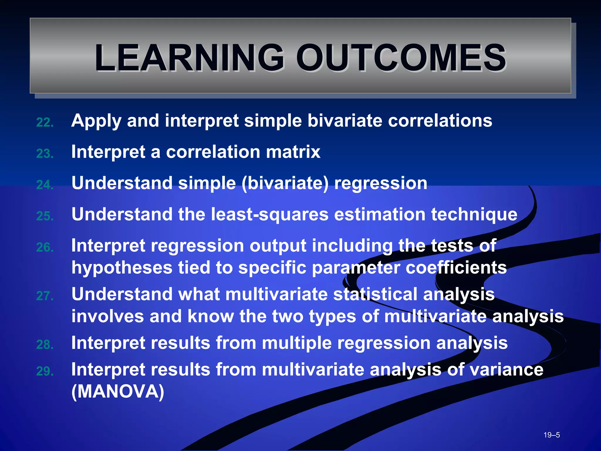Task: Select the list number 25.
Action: tap(45, 216)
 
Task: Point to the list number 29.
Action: tap(45, 371)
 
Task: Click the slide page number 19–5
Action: tap(551, 435)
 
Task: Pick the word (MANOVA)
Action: tap(118, 391)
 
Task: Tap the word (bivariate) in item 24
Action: tap(285, 184)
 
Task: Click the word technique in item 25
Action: tap(474, 214)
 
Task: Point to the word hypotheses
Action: tap(122, 268)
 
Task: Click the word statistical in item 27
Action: tap(375, 294)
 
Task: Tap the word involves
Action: tap(107, 316)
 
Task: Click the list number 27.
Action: tap(45, 296)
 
